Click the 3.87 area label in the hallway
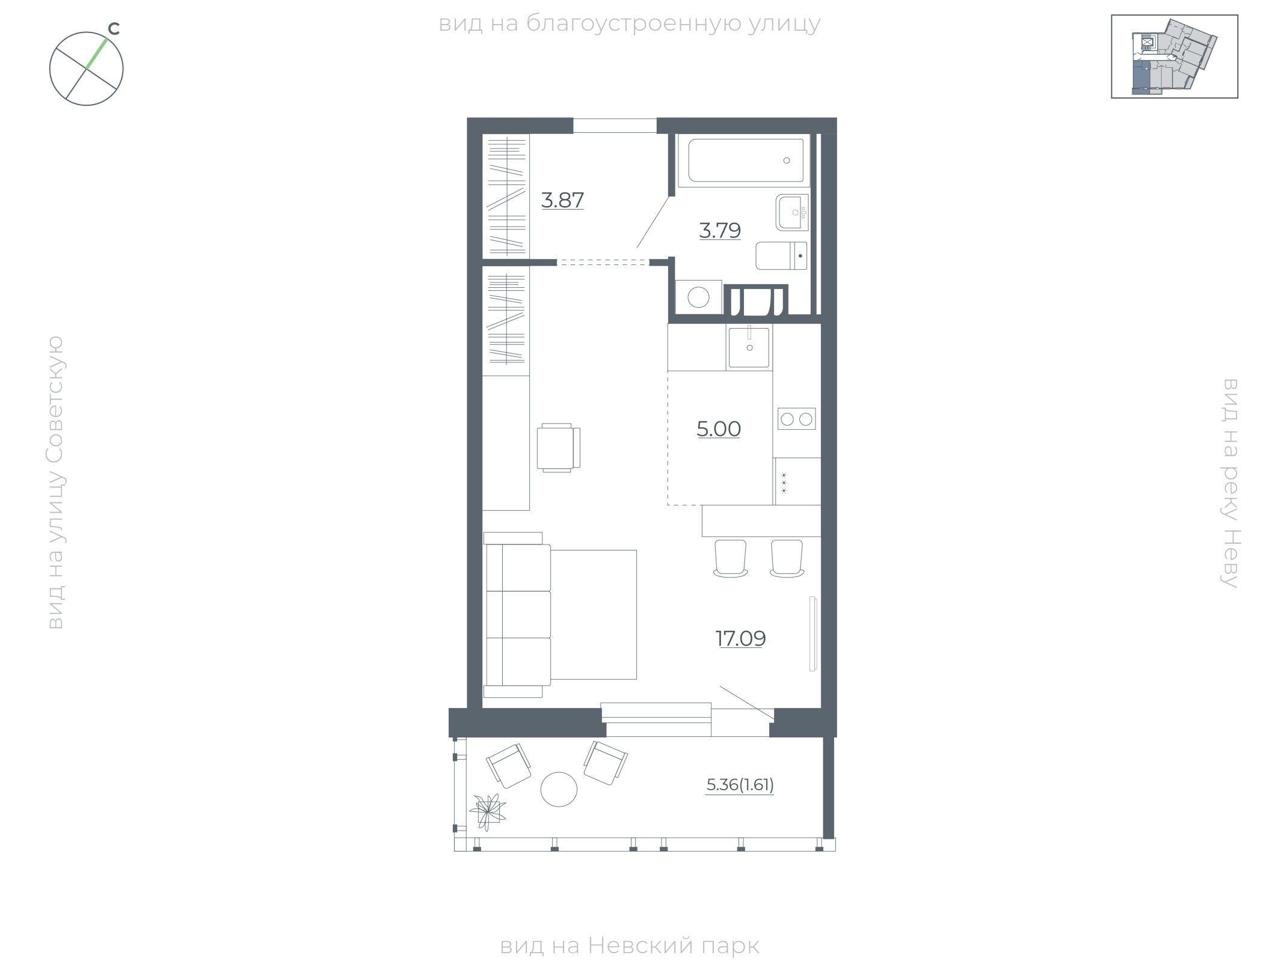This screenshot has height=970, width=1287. point(562,200)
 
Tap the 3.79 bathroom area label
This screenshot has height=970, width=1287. point(720,230)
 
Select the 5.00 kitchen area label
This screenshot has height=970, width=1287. point(719,429)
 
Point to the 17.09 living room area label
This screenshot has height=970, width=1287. point(740,638)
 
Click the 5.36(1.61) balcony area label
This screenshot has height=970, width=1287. point(740,785)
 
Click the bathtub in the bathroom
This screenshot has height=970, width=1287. point(745,160)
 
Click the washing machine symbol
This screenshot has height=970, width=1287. point(699,297)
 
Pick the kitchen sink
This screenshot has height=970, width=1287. point(749,347)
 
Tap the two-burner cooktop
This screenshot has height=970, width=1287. point(797,418)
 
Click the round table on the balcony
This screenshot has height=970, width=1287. point(559,789)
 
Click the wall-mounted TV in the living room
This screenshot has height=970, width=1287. point(813,633)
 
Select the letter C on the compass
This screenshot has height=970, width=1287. point(114,28)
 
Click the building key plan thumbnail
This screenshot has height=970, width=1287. point(1175,56)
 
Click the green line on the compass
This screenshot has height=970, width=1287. point(97,54)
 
